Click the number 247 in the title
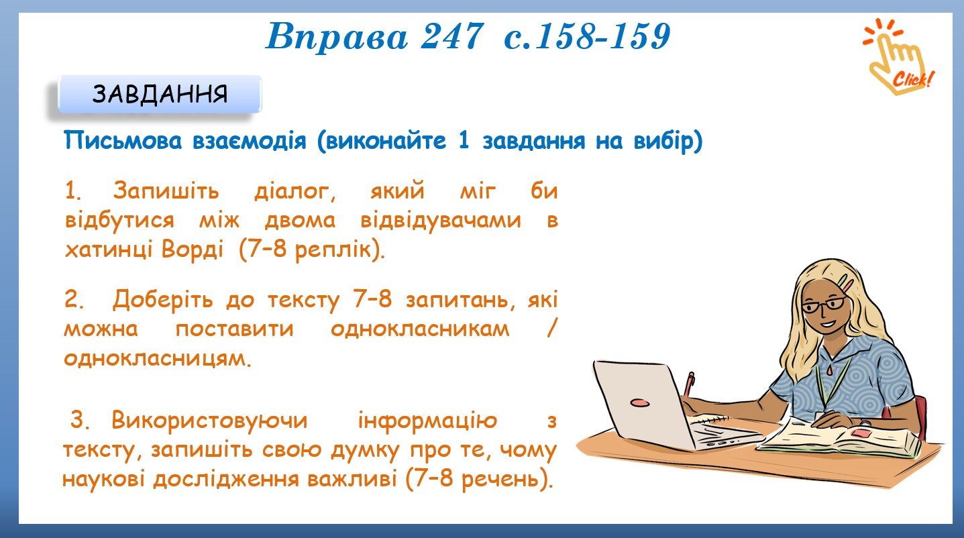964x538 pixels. pos(451,36)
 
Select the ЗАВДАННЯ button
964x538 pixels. pos(160,94)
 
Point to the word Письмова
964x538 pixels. pos(123,141)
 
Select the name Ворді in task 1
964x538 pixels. pos(193,250)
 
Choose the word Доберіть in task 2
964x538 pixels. pos(162,300)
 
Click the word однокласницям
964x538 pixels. pos(157,358)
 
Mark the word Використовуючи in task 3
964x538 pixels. pos(209,421)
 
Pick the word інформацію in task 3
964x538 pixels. pos(428,421)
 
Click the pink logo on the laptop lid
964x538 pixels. pos(640,402)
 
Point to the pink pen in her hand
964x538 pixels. pos(688,384)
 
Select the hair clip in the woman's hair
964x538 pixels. pos(845,282)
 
